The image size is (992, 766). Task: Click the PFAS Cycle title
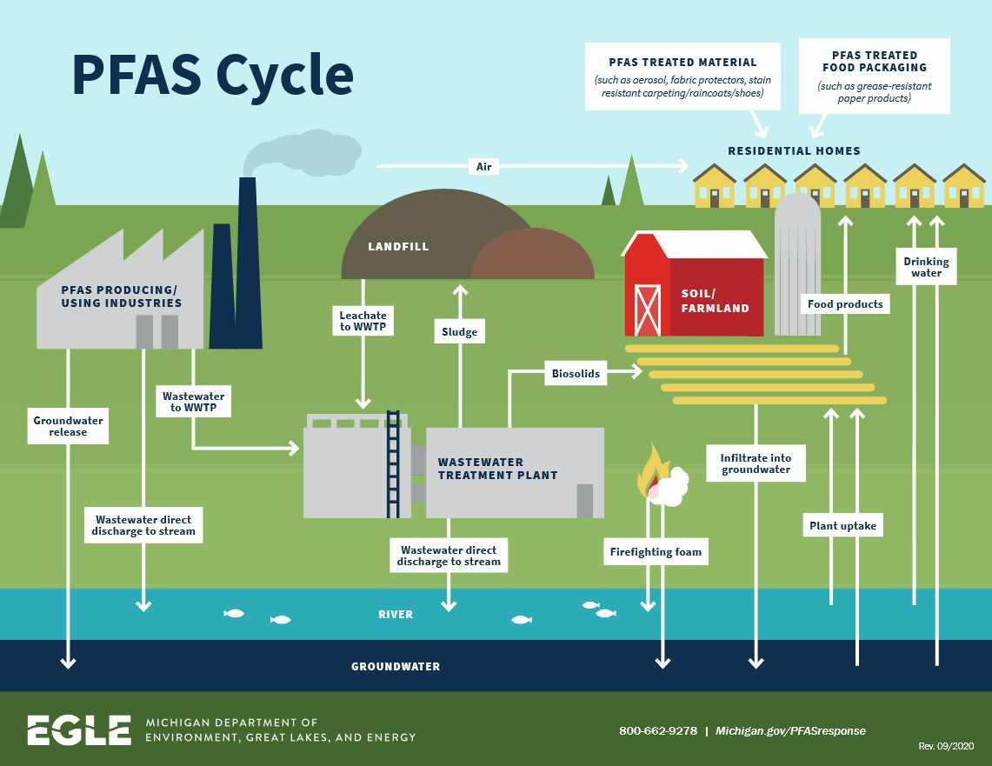pyautogui.click(x=212, y=77)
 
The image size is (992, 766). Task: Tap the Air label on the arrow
pyautogui.click(x=483, y=165)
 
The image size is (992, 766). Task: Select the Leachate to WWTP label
pyautogui.click(x=363, y=321)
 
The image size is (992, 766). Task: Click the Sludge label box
pyautogui.click(x=459, y=332)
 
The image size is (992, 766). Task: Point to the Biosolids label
pyautogui.click(x=576, y=374)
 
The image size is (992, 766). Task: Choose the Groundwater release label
pyautogui.click(x=68, y=426)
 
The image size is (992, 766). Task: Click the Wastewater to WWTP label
pyautogui.click(x=193, y=402)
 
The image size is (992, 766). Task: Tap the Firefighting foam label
pyautogui.click(x=655, y=551)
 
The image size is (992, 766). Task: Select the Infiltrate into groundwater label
pyautogui.click(x=756, y=463)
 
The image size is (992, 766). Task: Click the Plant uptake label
pyautogui.click(x=842, y=525)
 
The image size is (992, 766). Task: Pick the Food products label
pyautogui.click(x=845, y=304)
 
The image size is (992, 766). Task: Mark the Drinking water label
pyautogui.click(x=926, y=267)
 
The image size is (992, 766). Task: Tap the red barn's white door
pyautogui.click(x=648, y=309)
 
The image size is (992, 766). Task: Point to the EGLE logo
pyautogui.click(x=78, y=730)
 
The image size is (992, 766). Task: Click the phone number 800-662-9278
pyautogui.click(x=657, y=730)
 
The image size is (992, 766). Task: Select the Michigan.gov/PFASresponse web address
pyautogui.click(x=790, y=730)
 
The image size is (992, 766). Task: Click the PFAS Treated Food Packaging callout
pyautogui.click(x=874, y=77)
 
